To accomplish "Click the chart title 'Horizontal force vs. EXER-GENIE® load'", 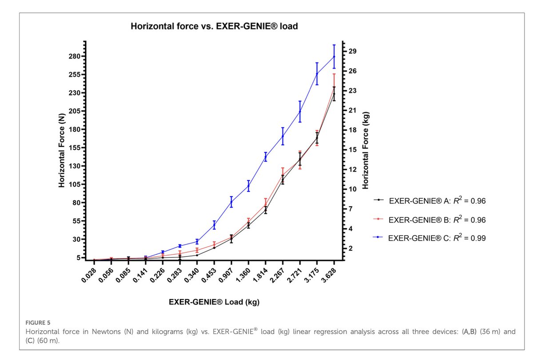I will pyautogui.click(x=214, y=27).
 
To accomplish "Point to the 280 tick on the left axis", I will pyautogui.click(x=74, y=56).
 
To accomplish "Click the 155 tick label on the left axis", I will pyautogui.click(x=74, y=148).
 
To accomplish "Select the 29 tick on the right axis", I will pyautogui.click(x=352, y=52).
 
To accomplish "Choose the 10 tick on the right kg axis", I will pyautogui.click(x=352, y=189).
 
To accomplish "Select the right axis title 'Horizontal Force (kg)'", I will pyautogui.click(x=366, y=150).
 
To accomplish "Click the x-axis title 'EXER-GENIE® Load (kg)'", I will pyautogui.click(x=214, y=302).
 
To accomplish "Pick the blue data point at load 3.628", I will pyautogui.click(x=334, y=56).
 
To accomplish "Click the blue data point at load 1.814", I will pyautogui.click(x=266, y=157).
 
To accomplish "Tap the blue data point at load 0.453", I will pyautogui.click(x=214, y=225).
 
